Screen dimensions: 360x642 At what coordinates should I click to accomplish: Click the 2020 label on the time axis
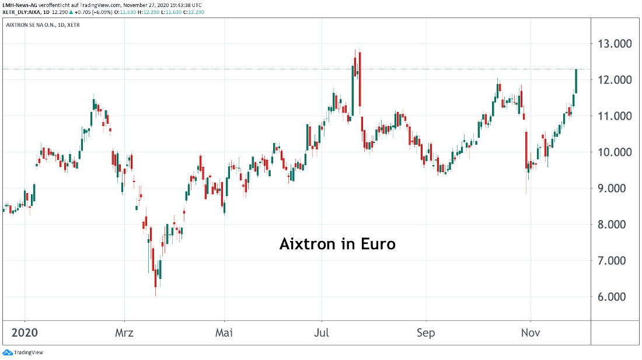point(25,333)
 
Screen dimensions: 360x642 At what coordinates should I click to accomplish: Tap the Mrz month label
point(124,333)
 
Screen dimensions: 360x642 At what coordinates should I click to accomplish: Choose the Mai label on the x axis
point(224,333)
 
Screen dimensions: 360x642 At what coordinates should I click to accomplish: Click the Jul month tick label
point(322,333)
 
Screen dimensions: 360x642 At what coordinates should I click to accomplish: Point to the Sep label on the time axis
point(426,333)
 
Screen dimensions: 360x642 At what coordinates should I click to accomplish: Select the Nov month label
point(531,333)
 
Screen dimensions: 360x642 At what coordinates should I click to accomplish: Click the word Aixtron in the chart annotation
point(307,244)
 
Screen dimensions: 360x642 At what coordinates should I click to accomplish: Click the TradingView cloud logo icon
point(8,352)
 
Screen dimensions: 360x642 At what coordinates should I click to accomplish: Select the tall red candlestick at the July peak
point(360,79)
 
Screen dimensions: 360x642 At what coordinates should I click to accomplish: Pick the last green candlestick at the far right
point(576,81)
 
